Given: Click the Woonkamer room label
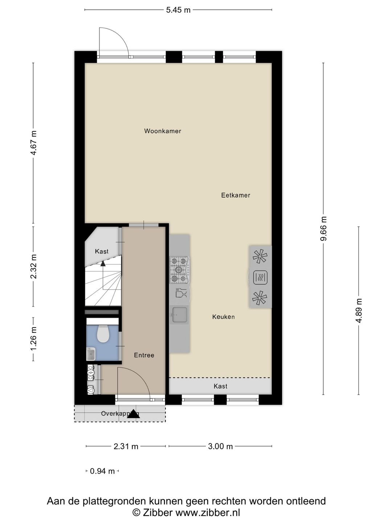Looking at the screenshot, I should [163, 131].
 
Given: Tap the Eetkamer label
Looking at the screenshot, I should [236, 195].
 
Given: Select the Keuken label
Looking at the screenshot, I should [223, 317].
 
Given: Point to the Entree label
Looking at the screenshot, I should [144, 355].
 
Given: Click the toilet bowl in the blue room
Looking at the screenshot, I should [103, 334].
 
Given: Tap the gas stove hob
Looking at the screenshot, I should [179, 270].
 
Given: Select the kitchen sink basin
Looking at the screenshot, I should [179, 314].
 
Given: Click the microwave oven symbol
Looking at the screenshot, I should [260, 277].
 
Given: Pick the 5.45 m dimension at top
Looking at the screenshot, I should [178, 10].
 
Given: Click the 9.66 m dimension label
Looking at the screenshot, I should [324, 228].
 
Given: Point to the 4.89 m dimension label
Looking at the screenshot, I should [359, 311].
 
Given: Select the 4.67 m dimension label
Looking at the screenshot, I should [33, 143].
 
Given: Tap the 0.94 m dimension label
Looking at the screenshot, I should [102, 471].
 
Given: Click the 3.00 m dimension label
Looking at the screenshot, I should [220, 446].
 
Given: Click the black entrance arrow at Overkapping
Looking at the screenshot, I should [133, 414].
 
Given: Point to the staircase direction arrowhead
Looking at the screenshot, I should [103, 264].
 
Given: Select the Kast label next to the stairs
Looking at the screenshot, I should [102, 251].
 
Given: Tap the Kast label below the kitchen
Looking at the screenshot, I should [220, 386].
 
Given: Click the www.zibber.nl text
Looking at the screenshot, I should [208, 512].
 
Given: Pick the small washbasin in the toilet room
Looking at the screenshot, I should [91, 353].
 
